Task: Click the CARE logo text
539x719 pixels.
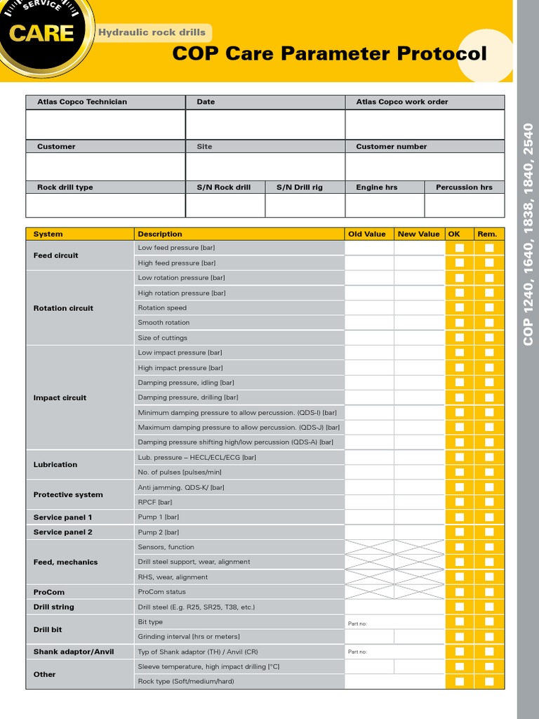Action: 40,33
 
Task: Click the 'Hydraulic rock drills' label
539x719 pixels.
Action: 152,32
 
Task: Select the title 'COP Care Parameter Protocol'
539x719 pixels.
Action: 329,54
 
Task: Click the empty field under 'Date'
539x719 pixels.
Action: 265,124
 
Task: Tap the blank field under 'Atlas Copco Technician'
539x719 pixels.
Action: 105,124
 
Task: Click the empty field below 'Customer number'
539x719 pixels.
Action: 424,166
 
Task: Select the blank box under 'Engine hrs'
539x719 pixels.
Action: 385,205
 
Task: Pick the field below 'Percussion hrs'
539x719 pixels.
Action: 464,205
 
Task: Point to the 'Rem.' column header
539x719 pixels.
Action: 488,234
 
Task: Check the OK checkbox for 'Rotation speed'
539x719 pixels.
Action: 460,308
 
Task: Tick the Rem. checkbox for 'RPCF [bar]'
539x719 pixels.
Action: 489,502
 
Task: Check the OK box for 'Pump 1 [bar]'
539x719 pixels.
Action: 460,517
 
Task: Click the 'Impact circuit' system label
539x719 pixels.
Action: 60,397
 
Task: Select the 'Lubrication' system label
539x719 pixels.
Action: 55,464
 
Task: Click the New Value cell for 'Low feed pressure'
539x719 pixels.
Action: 419,248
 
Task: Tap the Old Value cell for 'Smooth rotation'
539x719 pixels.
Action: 368,322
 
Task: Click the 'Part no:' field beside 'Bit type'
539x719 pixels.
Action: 394,622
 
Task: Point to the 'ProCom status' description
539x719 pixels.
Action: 161,592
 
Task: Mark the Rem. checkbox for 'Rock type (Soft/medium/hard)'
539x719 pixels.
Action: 489,681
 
